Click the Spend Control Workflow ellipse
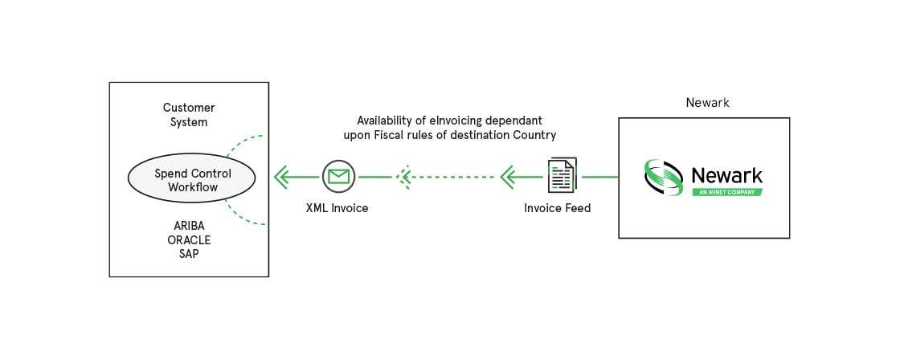pos(192,180)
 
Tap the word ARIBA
pos(189,225)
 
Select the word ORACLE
pos(189,239)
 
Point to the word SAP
pos(189,254)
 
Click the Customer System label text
pos(189,115)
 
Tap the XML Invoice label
pos(337,208)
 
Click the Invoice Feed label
pos(557,208)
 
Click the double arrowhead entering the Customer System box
pos(283,176)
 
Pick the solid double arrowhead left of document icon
pos(509,176)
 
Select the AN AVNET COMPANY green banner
pos(726,192)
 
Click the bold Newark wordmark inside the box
pos(726,174)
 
